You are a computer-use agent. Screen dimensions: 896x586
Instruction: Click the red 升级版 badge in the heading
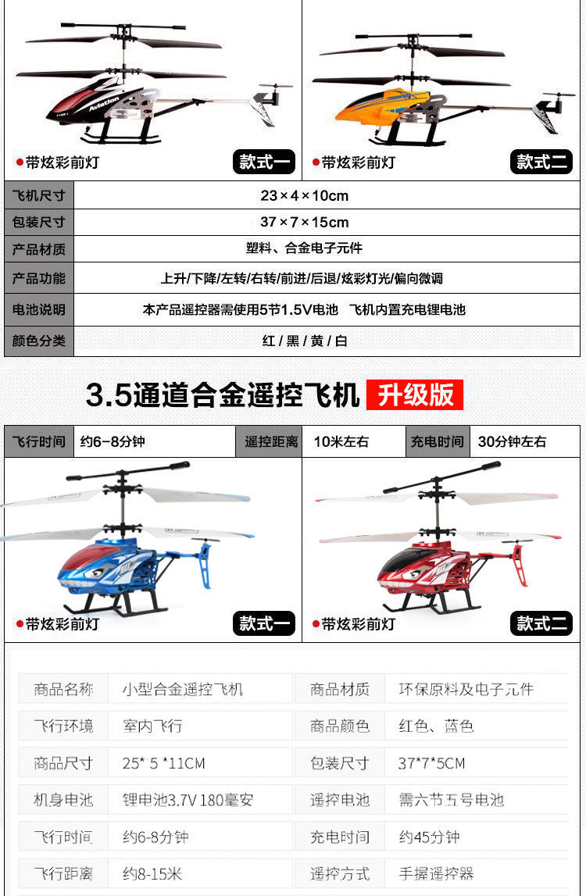[415, 395]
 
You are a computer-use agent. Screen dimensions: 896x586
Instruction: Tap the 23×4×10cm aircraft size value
[305, 196]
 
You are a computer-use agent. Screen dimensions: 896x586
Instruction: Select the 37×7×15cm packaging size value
[305, 222]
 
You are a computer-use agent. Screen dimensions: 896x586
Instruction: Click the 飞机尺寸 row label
[39, 196]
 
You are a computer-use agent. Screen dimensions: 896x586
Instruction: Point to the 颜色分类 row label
[39, 341]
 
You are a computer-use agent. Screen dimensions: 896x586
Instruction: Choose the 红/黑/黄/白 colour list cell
[305, 341]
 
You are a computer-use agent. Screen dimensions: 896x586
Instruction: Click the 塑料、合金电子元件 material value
[305, 248]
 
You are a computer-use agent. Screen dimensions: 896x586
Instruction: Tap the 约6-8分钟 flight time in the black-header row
[113, 441]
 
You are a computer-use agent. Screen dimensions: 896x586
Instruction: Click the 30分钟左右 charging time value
[512, 441]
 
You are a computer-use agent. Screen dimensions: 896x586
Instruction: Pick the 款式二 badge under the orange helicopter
[543, 162]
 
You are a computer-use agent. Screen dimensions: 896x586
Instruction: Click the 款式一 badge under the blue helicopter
[263, 623]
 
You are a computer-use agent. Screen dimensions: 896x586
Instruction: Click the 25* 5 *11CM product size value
[163, 763]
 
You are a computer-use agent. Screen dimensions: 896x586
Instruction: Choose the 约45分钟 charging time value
[429, 837]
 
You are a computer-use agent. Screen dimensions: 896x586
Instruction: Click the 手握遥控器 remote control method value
[436, 873]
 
